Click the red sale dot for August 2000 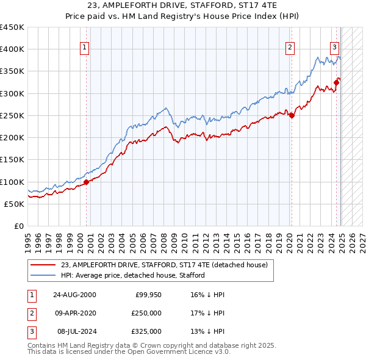[87, 181]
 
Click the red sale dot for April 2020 [292, 115]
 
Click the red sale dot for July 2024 [336, 82]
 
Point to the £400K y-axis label [12, 49]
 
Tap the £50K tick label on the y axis [15, 204]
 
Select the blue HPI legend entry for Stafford [132, 275]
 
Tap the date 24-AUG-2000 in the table [74, 295]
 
